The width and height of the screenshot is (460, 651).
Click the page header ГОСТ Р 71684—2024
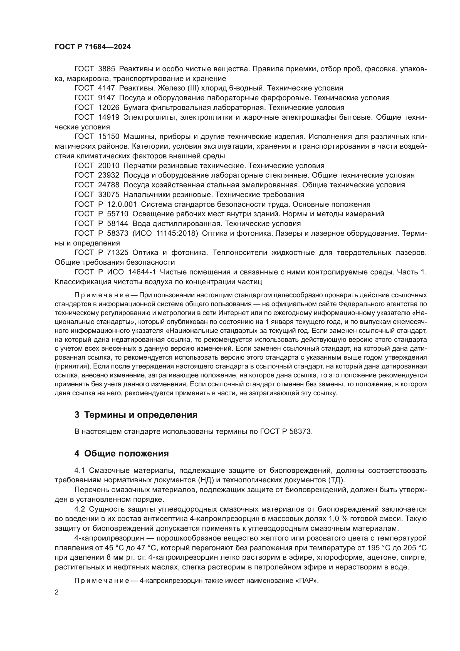pyautogui.click(x=93, y=47)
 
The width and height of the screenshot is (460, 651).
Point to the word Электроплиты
pyautogui.click(x=149, y=117)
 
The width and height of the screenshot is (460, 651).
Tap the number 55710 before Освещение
pyautogui.click(x=118, y=214)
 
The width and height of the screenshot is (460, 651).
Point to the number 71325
pyautogui.click(x=118, y=253)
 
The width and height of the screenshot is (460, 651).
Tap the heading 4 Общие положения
pyautogui.click(x=122, y=454)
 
